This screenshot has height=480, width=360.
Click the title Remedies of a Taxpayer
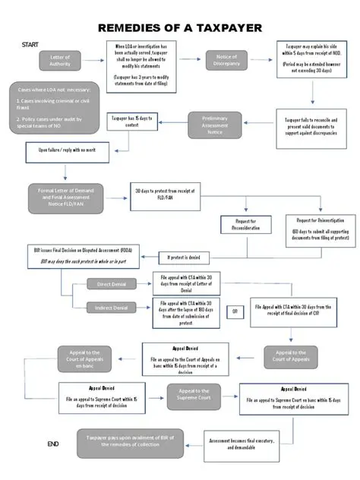coord(180,28)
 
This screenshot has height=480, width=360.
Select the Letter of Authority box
coord(60,61)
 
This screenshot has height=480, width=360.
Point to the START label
coord(30,44)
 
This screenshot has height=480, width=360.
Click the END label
coord(52,443)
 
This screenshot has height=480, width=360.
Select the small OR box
coord(235,312)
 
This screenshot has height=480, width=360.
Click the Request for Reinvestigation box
coord(312,229)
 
